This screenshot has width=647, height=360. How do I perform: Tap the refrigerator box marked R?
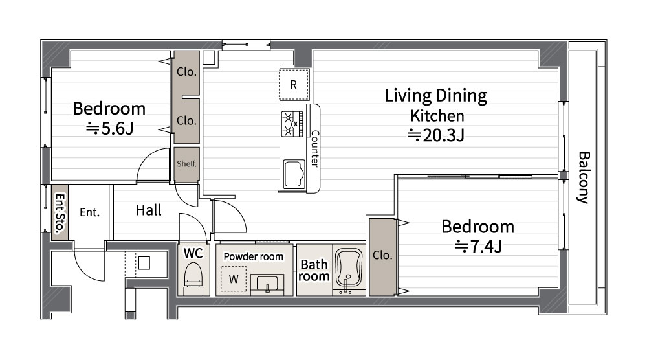pos(294,85)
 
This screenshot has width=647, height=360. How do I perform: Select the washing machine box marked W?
pos(234,279)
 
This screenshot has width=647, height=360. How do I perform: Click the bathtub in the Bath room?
pos(349,269)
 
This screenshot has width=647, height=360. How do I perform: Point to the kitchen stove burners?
pos(292,124)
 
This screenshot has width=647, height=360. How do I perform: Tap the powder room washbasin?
pos(267,284)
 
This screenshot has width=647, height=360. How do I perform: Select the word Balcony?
pos(584,178)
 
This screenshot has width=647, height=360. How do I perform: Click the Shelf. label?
pos(186,163)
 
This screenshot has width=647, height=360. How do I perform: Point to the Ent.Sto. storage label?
pos(60,213)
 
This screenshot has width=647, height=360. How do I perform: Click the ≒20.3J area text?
pos(436,135)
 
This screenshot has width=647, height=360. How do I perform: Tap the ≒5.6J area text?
pos(110,129)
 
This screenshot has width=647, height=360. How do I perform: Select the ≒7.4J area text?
pos(478,247)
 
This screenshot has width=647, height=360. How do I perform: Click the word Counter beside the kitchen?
pos(314,149)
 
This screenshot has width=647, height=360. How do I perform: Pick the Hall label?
pos(149,210)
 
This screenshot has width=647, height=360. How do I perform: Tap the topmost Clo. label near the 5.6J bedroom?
pos(186,72)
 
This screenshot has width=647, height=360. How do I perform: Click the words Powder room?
pos(254,256)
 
